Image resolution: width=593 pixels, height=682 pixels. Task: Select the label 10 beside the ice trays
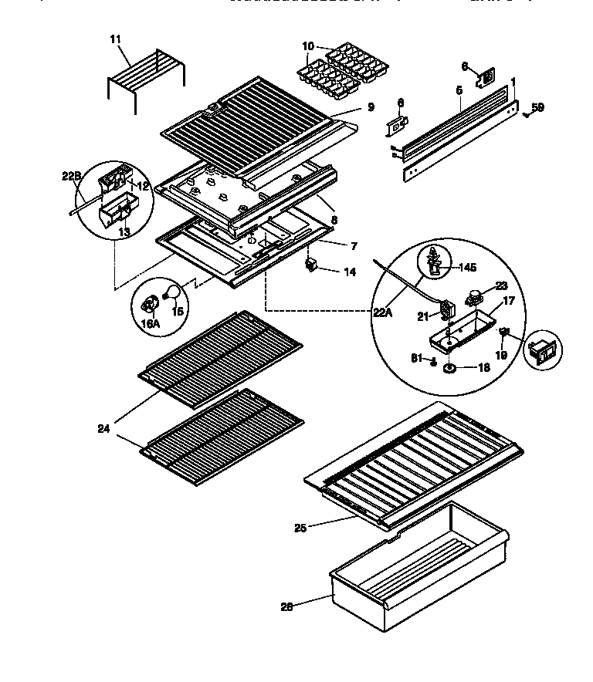308,47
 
